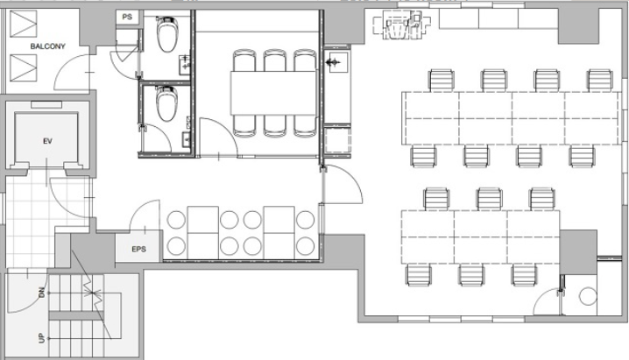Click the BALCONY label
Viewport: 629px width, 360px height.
click(47, 46)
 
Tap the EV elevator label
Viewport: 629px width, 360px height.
click(47, 141)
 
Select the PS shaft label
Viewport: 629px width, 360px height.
click(127, 17)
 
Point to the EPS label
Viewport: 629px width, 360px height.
click(138, 249)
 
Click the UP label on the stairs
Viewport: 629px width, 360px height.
click(42, 339)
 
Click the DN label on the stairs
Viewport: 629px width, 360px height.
click(42, 293)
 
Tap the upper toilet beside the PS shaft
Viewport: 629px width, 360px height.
click(166, 34)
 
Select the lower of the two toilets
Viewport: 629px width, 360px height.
click(166, 103)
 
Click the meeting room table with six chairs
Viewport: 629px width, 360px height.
click(273, 93)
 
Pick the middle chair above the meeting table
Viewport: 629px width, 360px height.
click(275, 60)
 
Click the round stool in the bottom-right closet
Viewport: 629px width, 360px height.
click(588, 296)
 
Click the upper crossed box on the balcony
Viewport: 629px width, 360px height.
click(24, 24)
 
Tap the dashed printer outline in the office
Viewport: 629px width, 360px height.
click(402, 25)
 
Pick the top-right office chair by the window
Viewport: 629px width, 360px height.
click(600, 81)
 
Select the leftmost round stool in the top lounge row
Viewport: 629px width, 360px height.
click(176, 220)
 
